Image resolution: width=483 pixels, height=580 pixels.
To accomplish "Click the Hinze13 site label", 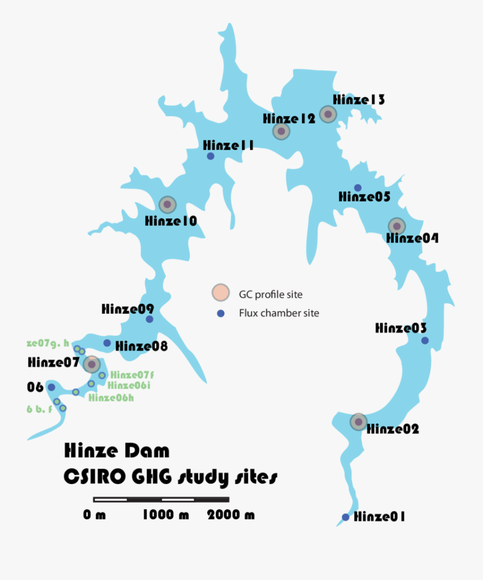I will click(358, 100).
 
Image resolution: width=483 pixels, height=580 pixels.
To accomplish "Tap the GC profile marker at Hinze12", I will click(281, 131).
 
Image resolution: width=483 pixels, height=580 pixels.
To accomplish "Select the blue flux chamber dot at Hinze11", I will click(210, 156).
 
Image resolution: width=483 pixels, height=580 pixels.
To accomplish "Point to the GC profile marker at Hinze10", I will click(167, 204).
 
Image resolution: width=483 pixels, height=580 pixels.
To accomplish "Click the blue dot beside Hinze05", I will click(358, 187).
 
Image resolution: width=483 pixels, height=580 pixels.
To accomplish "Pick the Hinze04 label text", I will click(412, 238).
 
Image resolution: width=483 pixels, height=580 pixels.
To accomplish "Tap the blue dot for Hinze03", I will click(425, 340).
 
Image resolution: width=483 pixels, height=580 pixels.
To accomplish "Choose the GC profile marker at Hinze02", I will click(358, 422).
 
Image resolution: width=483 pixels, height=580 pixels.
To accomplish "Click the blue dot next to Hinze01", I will click(346, 517).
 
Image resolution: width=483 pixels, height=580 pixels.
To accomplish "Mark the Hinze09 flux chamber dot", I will click(149, 319).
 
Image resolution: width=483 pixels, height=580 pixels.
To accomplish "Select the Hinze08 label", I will click(141, 347).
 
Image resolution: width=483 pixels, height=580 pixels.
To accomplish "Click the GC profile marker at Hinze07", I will click(92, 364).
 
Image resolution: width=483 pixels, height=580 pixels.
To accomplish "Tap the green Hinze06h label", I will click(111, 398).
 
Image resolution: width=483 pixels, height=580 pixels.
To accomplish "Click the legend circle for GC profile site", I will click(219, 293).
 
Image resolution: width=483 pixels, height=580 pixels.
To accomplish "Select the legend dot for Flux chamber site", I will click(220, 313).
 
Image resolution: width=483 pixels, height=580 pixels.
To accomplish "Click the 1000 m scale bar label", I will click(166, 515).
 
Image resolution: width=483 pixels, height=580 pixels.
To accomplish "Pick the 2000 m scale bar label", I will click(231, 515).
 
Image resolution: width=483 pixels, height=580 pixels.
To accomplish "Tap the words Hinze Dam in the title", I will click(116, 451).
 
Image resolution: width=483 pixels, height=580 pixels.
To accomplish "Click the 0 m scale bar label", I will click(94, 515).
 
